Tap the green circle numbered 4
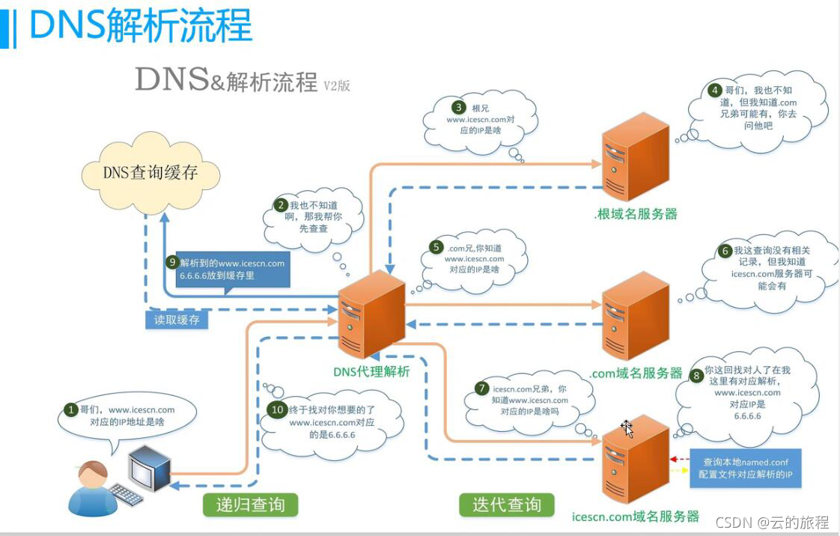point(715,90)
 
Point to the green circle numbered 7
point(482,389)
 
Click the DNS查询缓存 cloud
point(150,173)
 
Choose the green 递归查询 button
point(250,505)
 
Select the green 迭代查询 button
point(507,505)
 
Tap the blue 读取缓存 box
point(177,320)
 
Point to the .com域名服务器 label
point(636,373)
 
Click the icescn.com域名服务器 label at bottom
point(636,516)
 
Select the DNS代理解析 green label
point(371,371)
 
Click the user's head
point(94,472)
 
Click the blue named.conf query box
point(745,469)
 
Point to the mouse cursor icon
point(627,429)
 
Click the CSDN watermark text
point(772,522)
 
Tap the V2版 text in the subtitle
point(336,85)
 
